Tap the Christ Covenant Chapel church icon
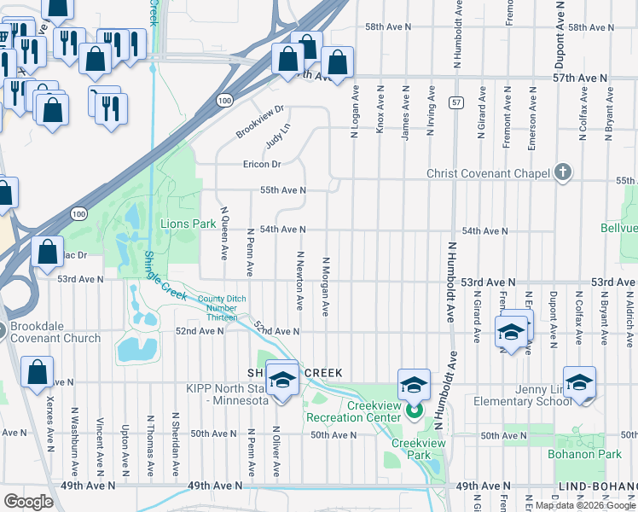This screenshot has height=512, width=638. (x=562, y=173)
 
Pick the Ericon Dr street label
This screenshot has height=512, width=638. (x=262, y=164)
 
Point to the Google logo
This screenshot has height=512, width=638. (x=28, y=501)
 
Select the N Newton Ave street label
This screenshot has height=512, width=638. (x=300, y=280)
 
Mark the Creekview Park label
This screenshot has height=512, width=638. (x=413, y=450)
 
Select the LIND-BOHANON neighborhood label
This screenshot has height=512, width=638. (x=595, y=486)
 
